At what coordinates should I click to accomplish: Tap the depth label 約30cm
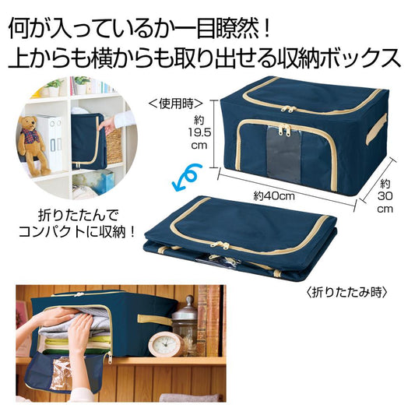click(x=386, y=196)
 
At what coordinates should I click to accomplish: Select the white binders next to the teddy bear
click(x=55, y=140)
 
